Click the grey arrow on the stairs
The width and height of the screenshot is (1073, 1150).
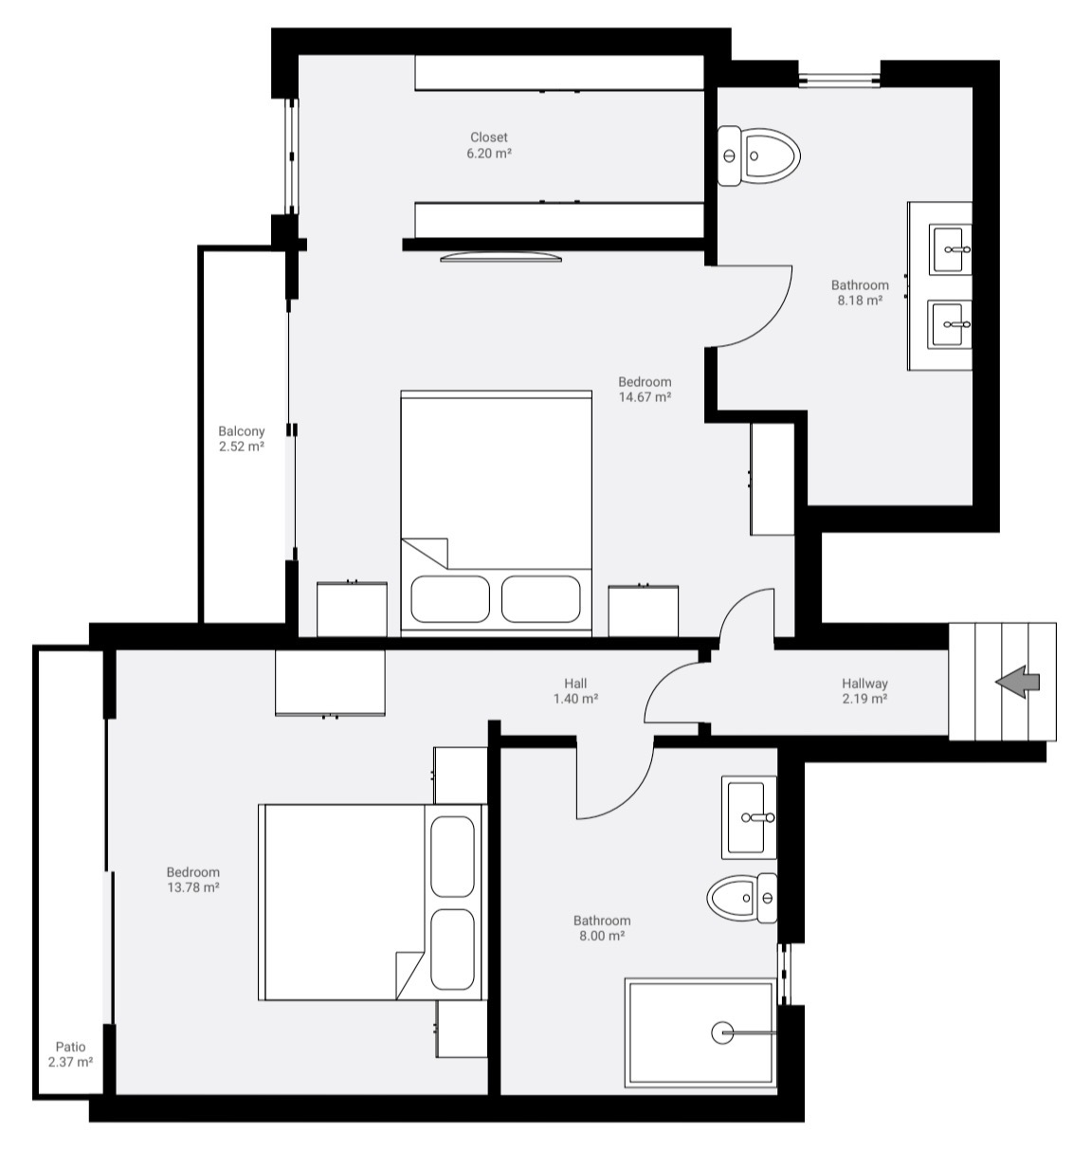pos(1018,681)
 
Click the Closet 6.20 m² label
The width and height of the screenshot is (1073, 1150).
pos(489,145)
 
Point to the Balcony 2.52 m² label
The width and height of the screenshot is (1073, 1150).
pos(242,439)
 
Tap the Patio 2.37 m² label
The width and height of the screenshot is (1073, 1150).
pos(70,1054)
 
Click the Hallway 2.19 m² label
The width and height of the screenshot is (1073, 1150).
pos(864,690)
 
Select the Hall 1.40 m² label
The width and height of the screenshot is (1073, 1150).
pos(575,690)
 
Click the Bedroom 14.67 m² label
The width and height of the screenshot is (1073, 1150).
pos(645,390)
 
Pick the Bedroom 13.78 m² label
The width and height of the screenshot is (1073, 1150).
pos(193,880)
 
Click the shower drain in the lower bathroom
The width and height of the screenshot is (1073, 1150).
pos(722,1032)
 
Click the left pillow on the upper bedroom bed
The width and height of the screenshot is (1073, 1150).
pos(450,598)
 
